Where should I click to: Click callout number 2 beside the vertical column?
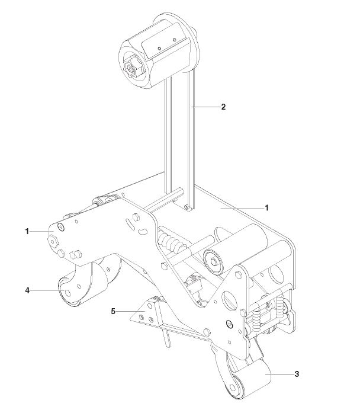[223, 107]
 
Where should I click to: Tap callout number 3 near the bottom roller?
[297, 374]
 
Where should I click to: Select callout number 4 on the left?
[27, 290]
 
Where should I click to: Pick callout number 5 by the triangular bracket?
[113, 311]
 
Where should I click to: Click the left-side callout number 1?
[27, 232]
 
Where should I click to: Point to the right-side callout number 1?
[266, 208]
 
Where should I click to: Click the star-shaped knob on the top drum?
[130, 68]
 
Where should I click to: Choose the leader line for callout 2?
[205, 107]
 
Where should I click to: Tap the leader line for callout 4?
[47, 291]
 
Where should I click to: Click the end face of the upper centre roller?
[213, 262]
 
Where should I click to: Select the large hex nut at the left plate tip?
[53, 241]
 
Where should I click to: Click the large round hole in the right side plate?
[230, 300]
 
